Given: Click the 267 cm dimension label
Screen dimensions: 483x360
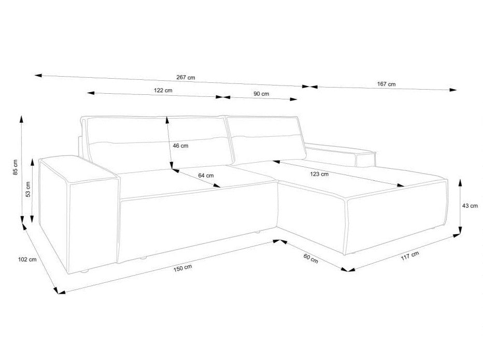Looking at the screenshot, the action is click(186, 77).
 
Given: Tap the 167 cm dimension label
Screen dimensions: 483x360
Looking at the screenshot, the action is click(386, 84).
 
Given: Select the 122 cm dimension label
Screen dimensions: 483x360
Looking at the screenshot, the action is click(163, 91).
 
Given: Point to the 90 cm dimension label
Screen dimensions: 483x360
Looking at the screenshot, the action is click(261, 94).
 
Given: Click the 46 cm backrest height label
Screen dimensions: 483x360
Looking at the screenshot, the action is click(180, 146).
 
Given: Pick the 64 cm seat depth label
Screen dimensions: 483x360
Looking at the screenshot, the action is click(206, 176).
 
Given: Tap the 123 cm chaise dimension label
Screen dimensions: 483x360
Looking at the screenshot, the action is click(319, 175).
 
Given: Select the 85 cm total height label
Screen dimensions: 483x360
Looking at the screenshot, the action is click(16, 167).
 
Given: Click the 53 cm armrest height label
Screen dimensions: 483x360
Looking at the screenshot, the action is click(28, 190).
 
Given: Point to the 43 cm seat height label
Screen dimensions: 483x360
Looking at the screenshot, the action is click(470, 206).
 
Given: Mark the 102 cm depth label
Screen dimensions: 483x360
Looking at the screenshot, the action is click(27, 260).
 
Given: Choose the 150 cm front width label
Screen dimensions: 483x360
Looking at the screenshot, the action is click(182, 268).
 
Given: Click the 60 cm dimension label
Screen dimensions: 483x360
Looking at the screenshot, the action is click(310, 258).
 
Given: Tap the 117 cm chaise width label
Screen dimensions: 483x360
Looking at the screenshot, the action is click(410, 256).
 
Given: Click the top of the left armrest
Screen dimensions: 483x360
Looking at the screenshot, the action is click(79, 168).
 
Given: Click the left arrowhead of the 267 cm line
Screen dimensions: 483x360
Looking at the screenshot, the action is click(38, 75).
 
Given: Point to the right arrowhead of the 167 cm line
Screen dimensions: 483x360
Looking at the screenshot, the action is click(453, 90).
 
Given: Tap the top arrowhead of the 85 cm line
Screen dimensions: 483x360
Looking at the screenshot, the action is click(21, 119).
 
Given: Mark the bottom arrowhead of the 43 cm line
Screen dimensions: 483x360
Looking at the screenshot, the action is click(460, 230).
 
